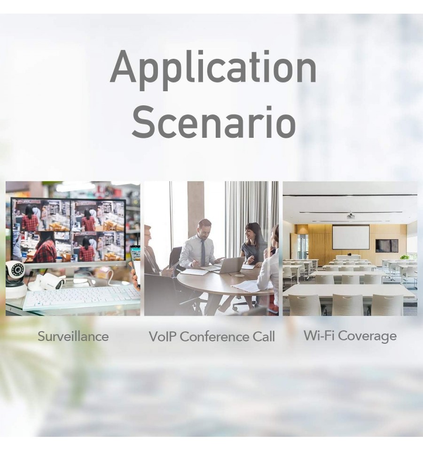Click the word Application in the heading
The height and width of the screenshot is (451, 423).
(213, 69)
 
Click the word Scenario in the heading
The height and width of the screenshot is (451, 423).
(214, 122)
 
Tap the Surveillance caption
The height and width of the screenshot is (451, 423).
(73, 336)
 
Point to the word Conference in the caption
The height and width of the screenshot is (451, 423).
(215, 337)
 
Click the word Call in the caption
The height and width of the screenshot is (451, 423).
(264, 337)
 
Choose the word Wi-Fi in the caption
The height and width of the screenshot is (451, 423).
(318, 335)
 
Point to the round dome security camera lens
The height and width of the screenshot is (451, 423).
(18, 269)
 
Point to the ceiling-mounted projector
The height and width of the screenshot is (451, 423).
(350, 216)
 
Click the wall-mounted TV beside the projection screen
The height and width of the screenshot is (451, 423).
(387, 245)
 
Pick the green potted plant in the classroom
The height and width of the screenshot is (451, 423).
(405, 257)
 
